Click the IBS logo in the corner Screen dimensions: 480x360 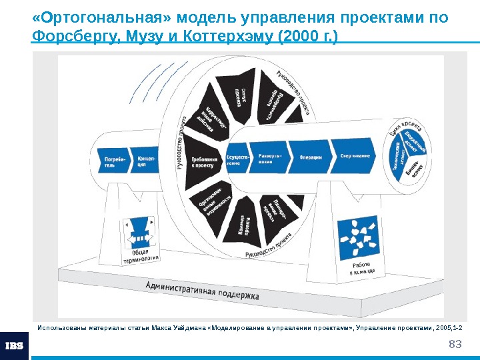(x=14, y=345)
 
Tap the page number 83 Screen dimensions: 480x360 (x=455, y=344)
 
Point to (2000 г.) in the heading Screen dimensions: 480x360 (x=307, y=35)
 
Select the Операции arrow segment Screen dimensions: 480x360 (x=311, y=157)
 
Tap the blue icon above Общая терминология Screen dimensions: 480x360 (x=140, y=231)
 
